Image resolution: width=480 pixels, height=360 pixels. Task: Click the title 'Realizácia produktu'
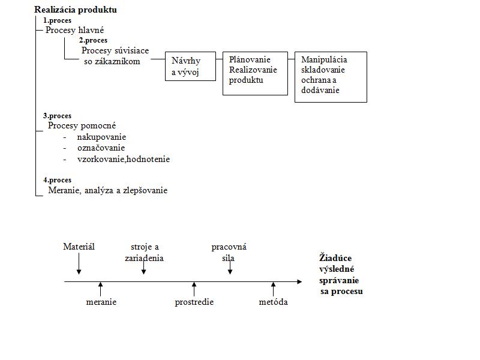(76, 10)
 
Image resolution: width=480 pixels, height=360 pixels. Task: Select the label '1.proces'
(57, 20)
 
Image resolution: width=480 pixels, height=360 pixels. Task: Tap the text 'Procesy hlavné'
(74, 30)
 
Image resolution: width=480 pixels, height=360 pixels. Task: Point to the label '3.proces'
(57, 116)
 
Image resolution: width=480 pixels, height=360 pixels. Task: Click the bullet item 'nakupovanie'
(101, 137)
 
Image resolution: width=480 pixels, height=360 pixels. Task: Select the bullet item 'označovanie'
(101, 148)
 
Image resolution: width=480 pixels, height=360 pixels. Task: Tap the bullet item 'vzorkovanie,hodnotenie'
(124, 159)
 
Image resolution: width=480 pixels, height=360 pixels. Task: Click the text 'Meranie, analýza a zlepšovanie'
(108, 190)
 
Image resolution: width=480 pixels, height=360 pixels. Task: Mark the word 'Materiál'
(79, 247)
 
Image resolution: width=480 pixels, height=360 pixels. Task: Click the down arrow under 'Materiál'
(79, 263)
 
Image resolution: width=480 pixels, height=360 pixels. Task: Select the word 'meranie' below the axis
(101, 302)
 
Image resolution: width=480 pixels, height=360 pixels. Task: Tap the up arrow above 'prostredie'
(194, 289)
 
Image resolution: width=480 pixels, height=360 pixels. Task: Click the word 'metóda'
(274, 302)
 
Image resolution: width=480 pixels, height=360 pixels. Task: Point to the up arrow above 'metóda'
(274, 289)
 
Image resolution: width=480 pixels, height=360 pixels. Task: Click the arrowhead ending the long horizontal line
(299, 281)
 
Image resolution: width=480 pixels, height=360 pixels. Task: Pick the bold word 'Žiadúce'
(335, 258)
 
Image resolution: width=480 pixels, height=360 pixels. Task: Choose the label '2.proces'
(93, 40)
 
